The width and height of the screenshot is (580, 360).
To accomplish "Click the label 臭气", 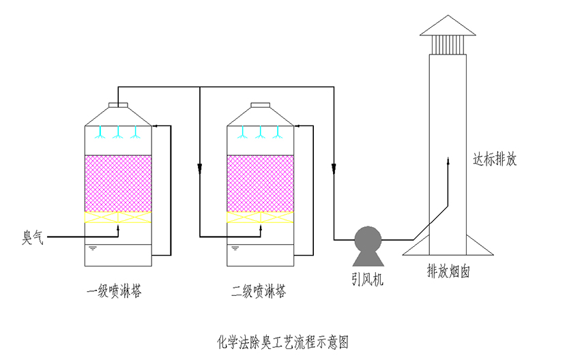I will (x=33, y=238).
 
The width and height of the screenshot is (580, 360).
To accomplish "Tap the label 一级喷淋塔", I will (x=114, y=292).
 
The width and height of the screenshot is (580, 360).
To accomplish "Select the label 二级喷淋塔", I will (x=259, y=292).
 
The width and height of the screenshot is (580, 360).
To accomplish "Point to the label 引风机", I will (x=368, y=279).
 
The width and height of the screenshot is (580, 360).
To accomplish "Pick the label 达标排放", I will (x=495, y=160).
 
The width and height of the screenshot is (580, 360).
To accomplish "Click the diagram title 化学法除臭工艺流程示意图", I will (x=282, y=339).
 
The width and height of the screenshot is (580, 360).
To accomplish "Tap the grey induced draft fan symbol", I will (x=368, y=242).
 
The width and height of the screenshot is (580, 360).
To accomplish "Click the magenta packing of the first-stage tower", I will (x=118, y=183).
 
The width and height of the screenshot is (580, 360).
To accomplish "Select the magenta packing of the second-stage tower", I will (x=260, y=183).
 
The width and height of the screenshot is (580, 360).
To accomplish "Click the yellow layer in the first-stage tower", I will (x=118, y=217).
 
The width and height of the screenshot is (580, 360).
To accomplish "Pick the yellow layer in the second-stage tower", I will (x=260, y=217).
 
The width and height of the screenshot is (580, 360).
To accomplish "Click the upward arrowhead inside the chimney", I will (x=448, y=160).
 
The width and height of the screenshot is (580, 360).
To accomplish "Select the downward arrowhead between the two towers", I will (x=199, y=168).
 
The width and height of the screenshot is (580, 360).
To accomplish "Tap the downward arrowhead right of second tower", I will (x=334, y=168).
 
